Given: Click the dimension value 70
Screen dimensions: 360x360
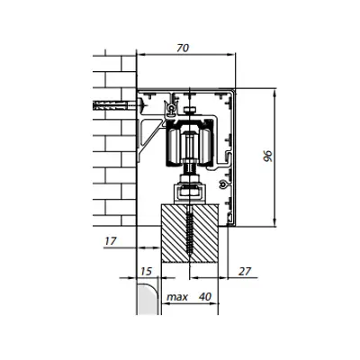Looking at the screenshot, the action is [x=183, y=49].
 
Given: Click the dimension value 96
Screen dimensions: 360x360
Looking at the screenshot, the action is [x=267, y=156].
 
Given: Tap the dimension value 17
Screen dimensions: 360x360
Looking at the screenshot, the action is [x=110, y=241].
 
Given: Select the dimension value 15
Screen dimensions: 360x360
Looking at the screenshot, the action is [x=146, y=272].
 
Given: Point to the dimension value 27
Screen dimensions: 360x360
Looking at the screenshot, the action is [x=245, y=271].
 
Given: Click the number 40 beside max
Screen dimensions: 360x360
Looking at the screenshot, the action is [x=205, y=297].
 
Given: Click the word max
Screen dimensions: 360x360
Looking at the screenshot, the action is [x=177, y=297].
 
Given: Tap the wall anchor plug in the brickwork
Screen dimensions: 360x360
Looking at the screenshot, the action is [x=111, y=105].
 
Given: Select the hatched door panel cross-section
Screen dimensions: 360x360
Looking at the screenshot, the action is [x=190, y=233].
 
